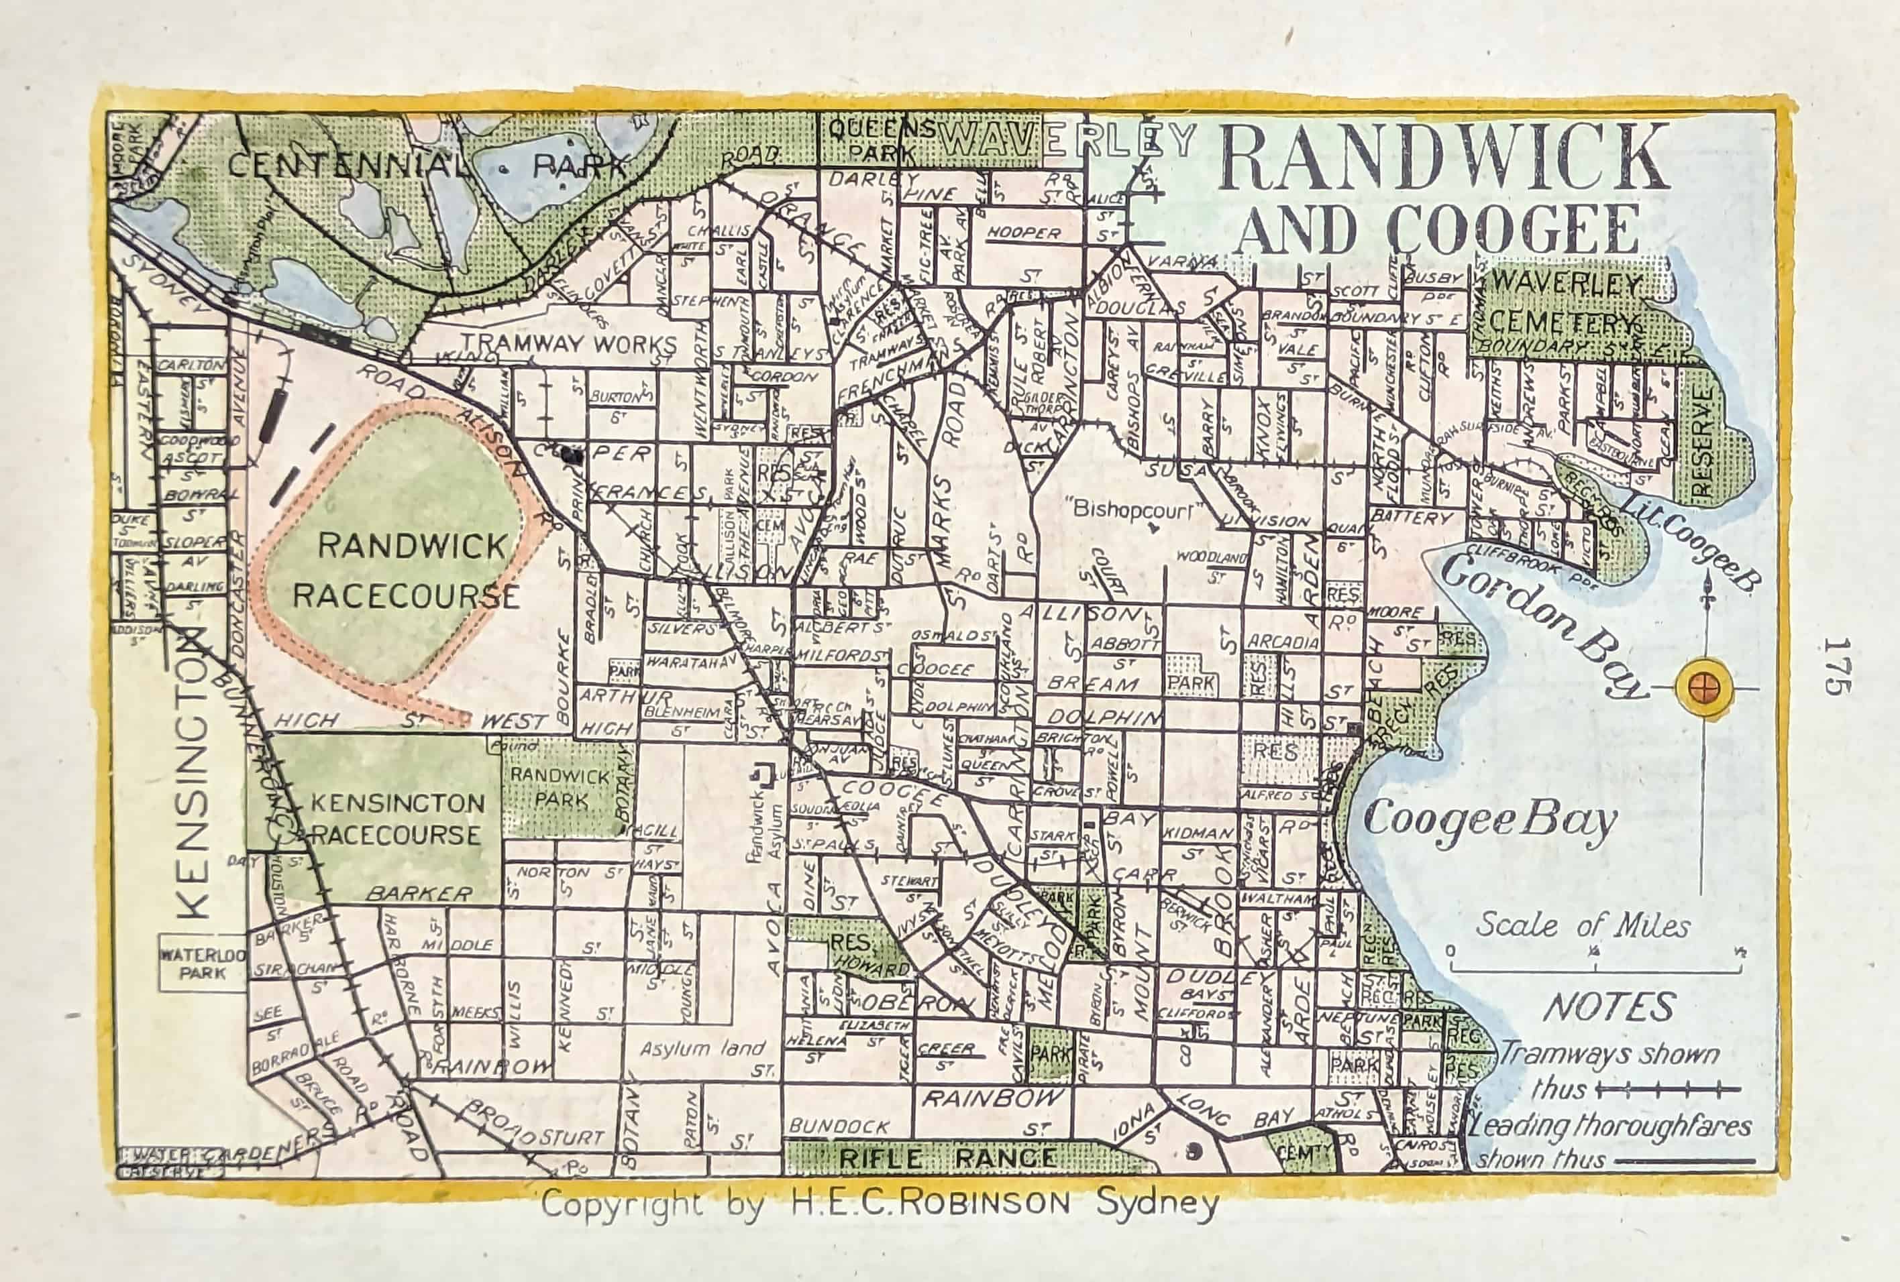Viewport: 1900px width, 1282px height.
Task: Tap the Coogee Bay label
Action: point(1489,819)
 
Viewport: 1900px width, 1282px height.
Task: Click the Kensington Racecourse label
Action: point(396,819)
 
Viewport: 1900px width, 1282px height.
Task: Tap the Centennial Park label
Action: point(425,166)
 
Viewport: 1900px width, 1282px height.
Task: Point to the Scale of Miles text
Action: point(1582,926)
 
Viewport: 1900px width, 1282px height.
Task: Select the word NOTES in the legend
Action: point(1609,1008)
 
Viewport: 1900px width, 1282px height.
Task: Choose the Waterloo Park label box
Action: point(202,964)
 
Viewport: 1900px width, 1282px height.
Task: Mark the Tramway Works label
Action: point(569,344)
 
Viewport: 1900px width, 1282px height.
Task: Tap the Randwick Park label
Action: point(560,787)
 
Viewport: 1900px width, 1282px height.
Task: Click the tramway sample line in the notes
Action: point(1668,1089)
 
